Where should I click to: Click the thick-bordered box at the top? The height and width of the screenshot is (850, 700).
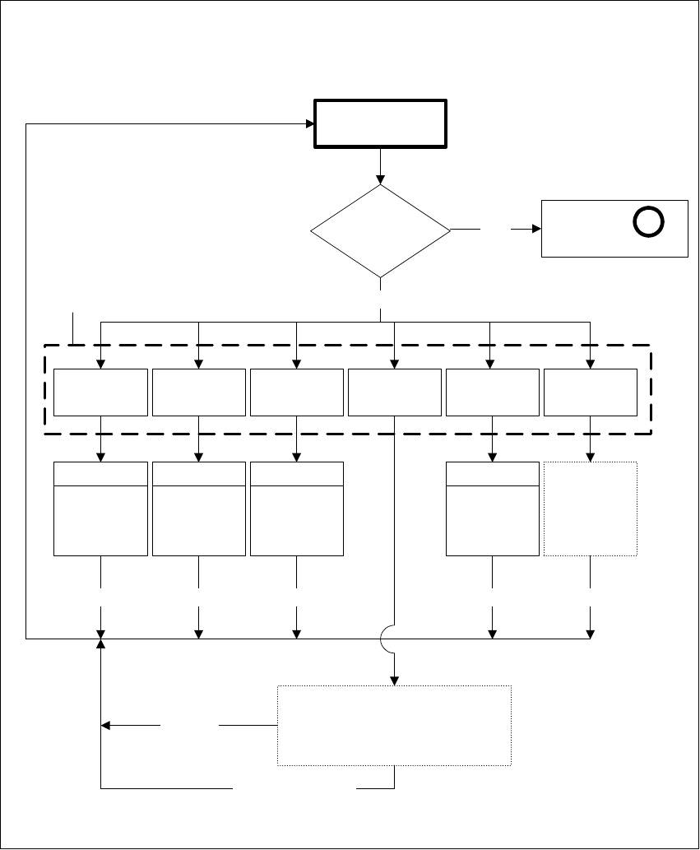pos(380,124)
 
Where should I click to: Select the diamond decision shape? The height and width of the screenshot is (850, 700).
pos(380,230)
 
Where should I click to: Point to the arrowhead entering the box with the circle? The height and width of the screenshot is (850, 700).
pos(536,229)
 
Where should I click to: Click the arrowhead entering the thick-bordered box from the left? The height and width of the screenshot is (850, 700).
pos(310,124)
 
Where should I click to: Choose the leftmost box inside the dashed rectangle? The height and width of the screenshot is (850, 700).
pos(100,392)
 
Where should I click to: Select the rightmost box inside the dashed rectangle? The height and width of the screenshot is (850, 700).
pos(590,392)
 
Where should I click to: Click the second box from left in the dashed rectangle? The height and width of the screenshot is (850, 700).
pos(198,392)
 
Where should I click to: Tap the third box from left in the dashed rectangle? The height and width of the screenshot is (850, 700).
pos(296,392)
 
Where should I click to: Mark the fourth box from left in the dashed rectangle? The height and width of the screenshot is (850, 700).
pos(395,392)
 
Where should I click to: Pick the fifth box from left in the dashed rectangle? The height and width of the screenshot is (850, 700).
pos(492,392)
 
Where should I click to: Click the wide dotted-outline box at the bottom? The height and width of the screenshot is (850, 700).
pos(395,725)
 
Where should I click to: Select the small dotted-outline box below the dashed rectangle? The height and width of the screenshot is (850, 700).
pos(590,508)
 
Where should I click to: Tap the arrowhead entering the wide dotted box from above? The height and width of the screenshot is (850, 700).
pos(395,680)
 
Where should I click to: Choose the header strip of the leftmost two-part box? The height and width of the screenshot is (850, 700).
pos(100,474)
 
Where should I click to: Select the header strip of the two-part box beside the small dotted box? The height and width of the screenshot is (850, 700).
pos(492,474)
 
